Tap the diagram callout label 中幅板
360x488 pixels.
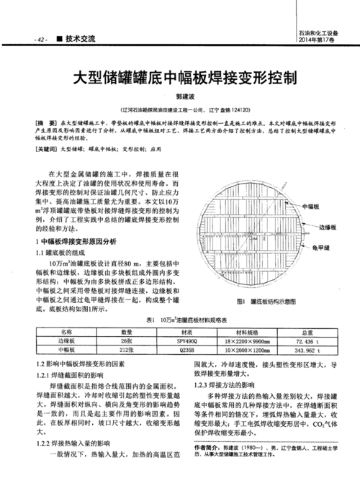[x=312, y=207]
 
